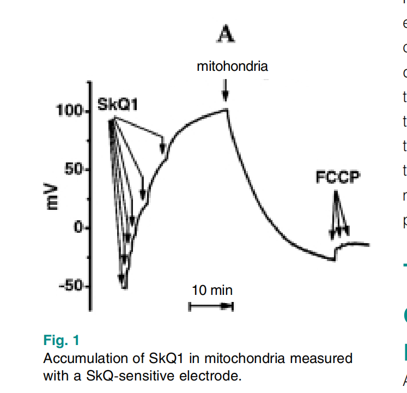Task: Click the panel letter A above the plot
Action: (226, 35)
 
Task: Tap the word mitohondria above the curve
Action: (233, 66)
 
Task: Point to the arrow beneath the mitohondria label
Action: (225, 90)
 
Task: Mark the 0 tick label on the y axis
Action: (77, 227)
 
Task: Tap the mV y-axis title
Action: (52, 197)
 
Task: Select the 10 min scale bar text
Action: (212, 290)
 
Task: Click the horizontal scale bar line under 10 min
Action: (211, 307)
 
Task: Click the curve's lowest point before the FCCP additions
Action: (334, 260)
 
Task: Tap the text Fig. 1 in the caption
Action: (61, 341)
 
